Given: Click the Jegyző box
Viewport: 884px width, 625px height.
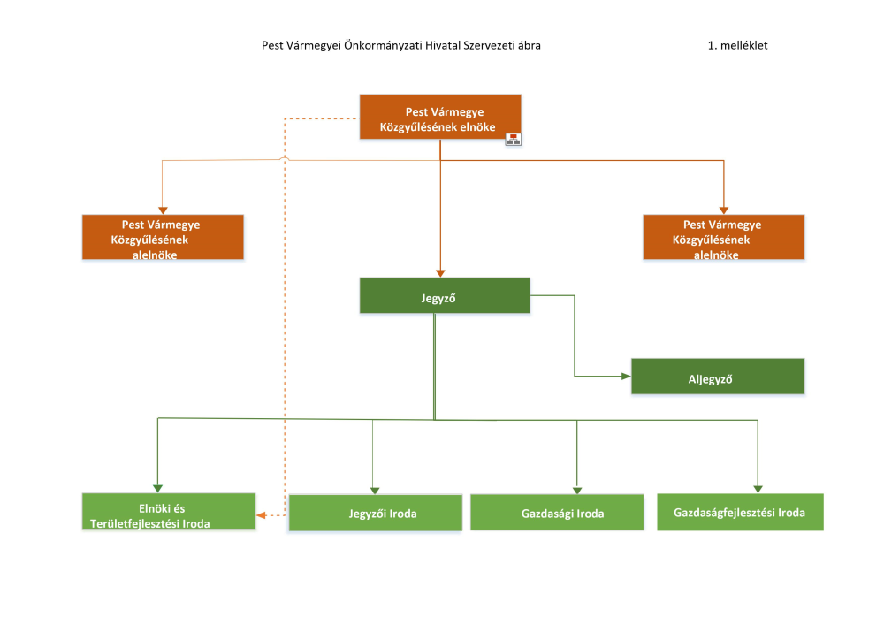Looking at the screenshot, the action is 445,295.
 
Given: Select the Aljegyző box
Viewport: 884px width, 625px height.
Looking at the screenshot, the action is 718,376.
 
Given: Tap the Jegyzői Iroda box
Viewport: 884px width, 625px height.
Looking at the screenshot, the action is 376,512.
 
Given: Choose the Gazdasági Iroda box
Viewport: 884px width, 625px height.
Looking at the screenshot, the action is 557,512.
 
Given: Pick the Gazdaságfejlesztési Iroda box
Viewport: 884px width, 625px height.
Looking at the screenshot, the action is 740,512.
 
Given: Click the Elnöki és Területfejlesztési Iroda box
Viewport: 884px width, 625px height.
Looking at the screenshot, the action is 169,511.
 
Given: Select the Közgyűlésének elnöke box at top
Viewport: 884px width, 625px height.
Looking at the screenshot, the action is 440,117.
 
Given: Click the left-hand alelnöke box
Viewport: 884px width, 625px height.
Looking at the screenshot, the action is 163,237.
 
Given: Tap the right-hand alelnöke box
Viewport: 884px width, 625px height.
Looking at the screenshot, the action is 724,237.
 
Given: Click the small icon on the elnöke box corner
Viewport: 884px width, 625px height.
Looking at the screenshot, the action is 513,139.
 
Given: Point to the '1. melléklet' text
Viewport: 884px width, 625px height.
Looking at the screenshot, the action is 737,45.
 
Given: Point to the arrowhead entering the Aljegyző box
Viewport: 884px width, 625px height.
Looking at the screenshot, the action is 627,376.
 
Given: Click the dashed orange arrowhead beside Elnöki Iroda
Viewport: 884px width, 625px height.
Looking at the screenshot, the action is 261,515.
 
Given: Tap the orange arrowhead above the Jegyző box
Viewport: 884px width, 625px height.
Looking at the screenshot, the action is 440,273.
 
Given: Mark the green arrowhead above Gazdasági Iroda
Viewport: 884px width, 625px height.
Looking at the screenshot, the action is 576,491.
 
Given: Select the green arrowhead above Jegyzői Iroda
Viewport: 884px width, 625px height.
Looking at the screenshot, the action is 375,491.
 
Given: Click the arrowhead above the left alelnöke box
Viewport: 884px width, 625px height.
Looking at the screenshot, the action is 163,210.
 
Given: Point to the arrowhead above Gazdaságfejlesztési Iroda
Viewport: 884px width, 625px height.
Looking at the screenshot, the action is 758,489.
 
